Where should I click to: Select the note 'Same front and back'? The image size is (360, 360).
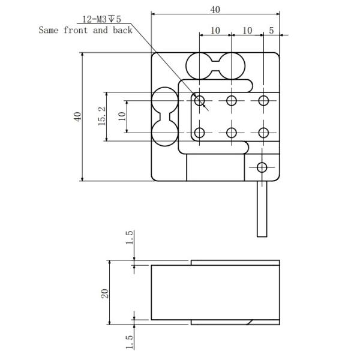tap(85, 29)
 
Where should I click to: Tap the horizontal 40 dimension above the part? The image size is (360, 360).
tap(215, 9)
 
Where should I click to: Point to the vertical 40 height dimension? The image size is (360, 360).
tap(77, 116)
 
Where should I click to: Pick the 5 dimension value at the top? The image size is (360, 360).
tap(272, 30)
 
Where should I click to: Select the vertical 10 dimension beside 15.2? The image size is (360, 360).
tap(121, 116)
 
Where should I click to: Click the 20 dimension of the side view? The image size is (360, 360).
tap(104, 293)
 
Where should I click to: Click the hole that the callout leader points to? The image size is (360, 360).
tap(200, 100)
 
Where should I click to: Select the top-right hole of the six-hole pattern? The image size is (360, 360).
tap(263, 100)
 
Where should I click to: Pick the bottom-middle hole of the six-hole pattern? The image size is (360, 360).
tap(232, 132)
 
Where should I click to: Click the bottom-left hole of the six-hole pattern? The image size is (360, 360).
tap(200, 132)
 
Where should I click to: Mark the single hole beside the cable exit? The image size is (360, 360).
tap(262, 167)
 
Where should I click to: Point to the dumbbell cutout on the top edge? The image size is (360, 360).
tap(215, 65)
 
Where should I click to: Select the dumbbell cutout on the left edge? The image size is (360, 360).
tap(164, 116)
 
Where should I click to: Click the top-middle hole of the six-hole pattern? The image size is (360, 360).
tap(232, 100)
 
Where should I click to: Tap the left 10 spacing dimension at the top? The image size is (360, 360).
tap(214, 30)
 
